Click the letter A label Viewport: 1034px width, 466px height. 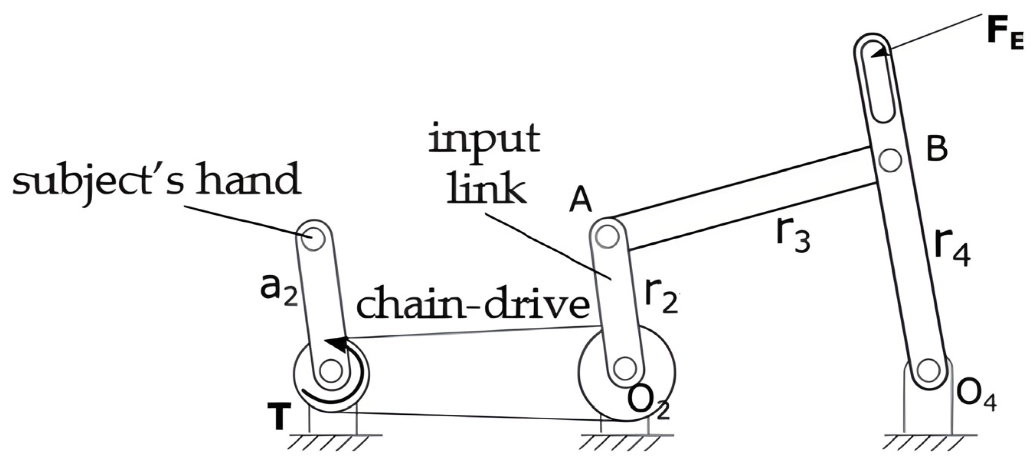(x=581, y=201)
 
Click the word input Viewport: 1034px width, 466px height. (x=484, y=138)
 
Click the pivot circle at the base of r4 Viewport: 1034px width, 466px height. (x=928, y=370)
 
